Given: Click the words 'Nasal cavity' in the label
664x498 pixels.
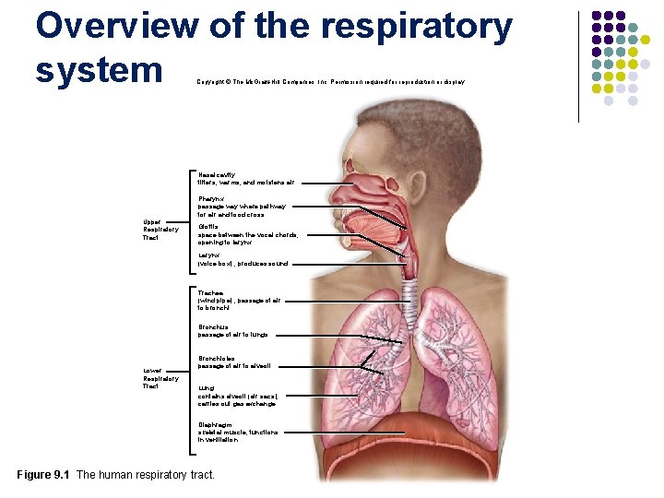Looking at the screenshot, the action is tap(217, 174).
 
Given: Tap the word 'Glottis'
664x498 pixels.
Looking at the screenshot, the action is tap(207, 226).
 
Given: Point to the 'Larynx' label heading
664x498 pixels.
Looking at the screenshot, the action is tap(208, 255).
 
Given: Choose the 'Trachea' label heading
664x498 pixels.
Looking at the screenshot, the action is tap(210, 292).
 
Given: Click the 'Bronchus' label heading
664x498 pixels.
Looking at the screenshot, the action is tap(213, 326).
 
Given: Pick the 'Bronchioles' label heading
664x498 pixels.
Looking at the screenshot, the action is tap(217, 359).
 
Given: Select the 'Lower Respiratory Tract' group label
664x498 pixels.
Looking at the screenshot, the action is tap(155, 378).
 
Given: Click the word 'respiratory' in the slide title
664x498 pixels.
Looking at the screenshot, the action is tap(416, 28).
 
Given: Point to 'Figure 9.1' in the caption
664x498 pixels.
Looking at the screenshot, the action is tap(44, 475).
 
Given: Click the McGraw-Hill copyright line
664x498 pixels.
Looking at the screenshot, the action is tap(330, 82).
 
